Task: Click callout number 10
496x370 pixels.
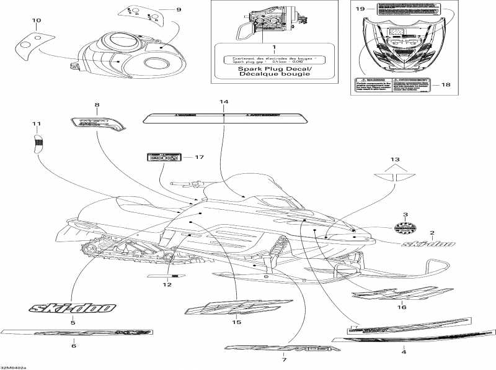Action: pyautogui.click(x=37, y=21)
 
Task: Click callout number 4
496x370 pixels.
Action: pyautogui.click(x=404, y=352)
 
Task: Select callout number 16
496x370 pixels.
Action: pyautogui.click(x=401, y=307)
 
